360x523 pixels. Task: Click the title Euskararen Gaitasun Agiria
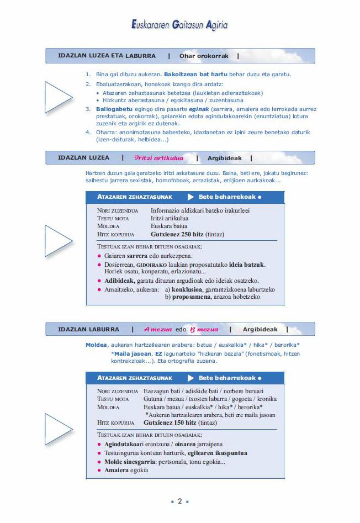(x=179, y=25)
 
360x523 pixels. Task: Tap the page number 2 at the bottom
(x=179, y=501)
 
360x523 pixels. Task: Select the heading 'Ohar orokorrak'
(x=204, y=56)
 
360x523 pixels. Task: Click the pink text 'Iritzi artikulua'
(x=158, y=158)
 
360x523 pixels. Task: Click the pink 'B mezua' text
(x=204, y=329)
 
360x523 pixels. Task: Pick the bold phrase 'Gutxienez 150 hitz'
(x=170, y=422)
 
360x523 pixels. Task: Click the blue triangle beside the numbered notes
(x=57, y=97)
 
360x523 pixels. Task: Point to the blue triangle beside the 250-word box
(x=57, y=240)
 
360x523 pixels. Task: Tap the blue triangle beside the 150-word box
(x=57, y=429)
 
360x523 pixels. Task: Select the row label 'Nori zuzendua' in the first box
(x=118, y=210)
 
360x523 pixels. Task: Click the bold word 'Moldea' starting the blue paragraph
(x=96, y=345)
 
